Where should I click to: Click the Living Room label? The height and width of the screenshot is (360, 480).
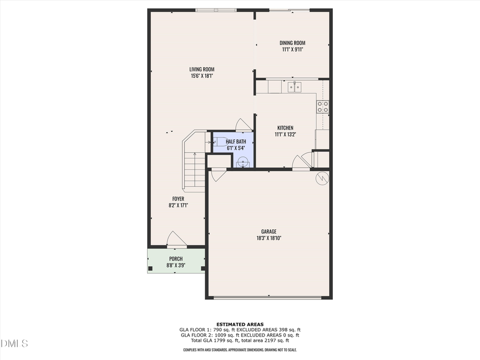202,69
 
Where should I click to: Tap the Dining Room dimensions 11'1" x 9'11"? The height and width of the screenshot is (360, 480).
293,50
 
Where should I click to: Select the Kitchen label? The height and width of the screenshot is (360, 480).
285,127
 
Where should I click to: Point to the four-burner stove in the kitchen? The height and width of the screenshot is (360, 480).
323,106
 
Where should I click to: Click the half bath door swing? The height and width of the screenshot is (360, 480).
241,124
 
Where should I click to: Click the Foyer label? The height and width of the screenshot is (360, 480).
178,198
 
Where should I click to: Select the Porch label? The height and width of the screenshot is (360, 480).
175,259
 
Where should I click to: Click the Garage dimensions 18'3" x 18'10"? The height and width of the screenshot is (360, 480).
268,238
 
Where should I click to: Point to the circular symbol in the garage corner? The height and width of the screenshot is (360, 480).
322,178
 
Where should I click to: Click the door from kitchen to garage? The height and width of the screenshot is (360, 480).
300,162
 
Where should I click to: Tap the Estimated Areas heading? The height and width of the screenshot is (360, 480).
239,324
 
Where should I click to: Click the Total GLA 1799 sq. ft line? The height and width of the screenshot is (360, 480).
239,340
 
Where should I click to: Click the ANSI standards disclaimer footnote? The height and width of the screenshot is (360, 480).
239,350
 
